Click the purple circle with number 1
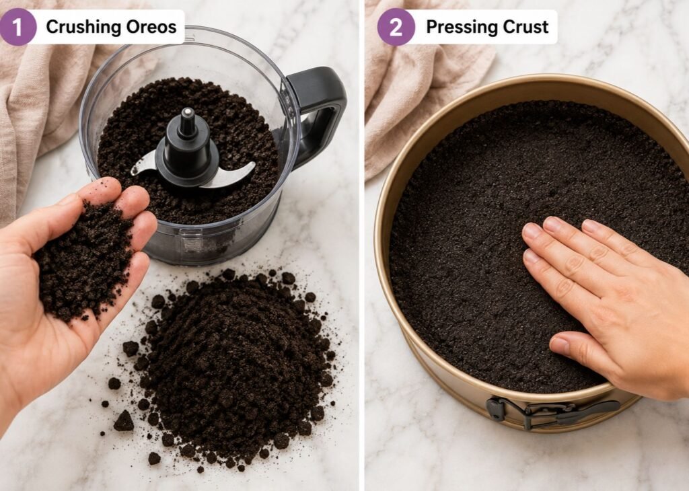coord(17,27)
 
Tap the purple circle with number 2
coord(396,27)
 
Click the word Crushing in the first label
coord(83,27)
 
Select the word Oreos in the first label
coord(151,27)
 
